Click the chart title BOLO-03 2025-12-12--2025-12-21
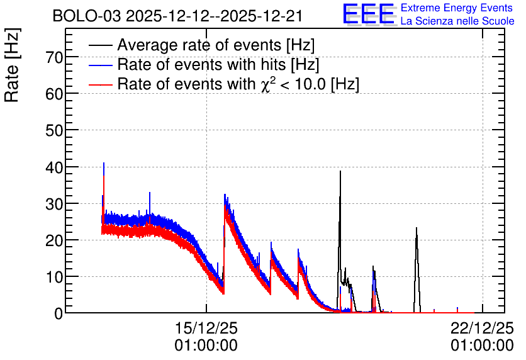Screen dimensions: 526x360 [177, 16]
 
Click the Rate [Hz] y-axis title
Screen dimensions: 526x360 [12, 65]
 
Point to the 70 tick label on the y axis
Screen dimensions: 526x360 [54, 58]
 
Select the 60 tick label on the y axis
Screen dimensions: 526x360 [54, 94]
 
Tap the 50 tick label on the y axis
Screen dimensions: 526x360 [54, 131]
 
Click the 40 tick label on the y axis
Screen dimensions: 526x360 [54, 167]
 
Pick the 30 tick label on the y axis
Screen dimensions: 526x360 [54, 204]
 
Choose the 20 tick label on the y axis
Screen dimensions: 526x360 [54, 240]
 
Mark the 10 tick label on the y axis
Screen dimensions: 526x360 [54, 277]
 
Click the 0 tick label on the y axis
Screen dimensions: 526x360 [59, 313]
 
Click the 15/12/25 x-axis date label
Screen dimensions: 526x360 [206, 328]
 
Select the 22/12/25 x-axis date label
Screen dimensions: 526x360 [482, 328]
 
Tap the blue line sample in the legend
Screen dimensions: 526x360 [100, 65]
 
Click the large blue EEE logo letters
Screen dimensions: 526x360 [369, 14]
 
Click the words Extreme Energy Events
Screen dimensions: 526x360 [457, 8]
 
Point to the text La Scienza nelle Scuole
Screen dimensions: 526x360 [457, 21]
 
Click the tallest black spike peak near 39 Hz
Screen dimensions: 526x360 [340, 171]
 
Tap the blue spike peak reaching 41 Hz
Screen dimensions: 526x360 [104, 163]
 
